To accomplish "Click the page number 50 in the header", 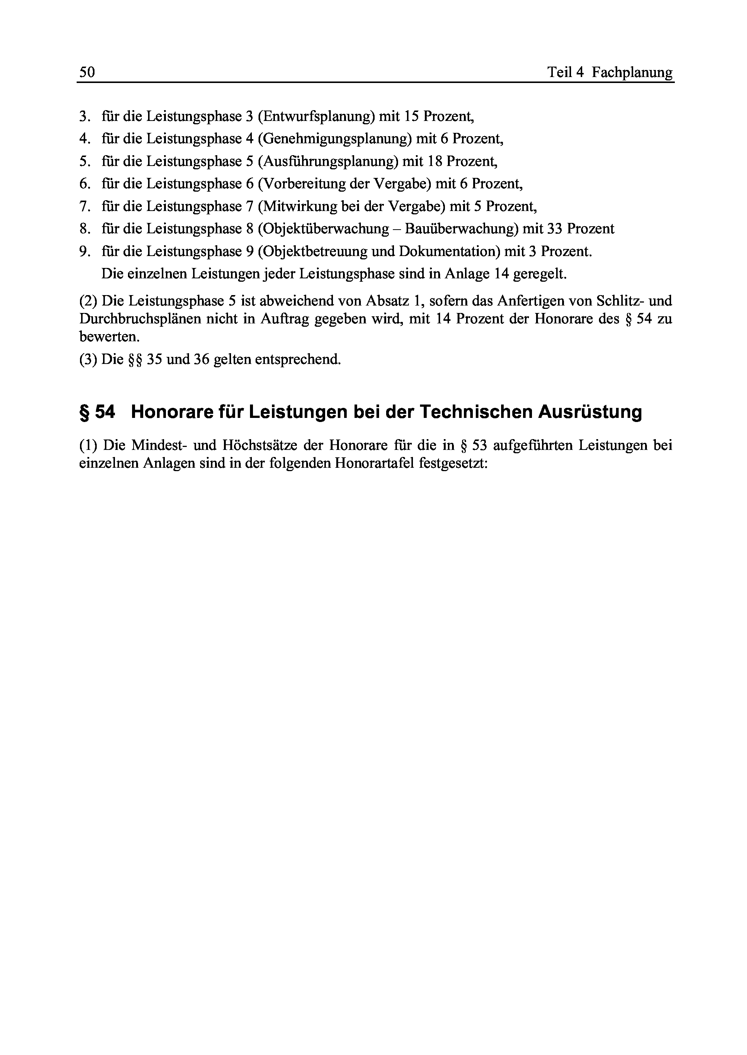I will coord(87,72).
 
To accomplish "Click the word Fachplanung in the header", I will coord(632,72).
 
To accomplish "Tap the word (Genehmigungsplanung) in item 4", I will coord(335,139).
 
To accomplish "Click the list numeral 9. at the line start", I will coord(85,251).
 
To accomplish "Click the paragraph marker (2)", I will coord(88,301).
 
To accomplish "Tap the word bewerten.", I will coord(109,337).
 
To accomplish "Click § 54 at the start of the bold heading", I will coord(97,412).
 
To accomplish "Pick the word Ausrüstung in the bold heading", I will coord(590,412).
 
